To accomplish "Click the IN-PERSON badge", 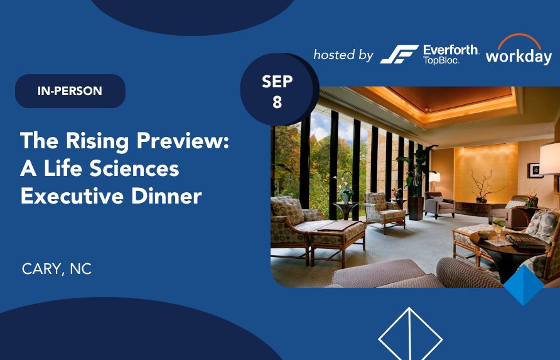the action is tap(70, 91).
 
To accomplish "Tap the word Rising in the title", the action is tap(97, 141).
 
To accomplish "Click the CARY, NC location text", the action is tap(57, 269).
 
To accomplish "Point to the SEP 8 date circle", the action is tap(277, 90).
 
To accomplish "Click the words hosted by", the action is tap(343, 55).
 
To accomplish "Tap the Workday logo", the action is tap(519, 50).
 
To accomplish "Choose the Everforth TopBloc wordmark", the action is tap(451, 54).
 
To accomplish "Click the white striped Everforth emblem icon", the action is tap(399, 54).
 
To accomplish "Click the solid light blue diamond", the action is tap(524, 285).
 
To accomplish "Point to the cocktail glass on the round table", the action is tap(498, 227).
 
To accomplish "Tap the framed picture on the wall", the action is tap(535, 170).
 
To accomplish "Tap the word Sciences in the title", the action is tap(134, 169).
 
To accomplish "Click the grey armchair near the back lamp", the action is tap(439, 205).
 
